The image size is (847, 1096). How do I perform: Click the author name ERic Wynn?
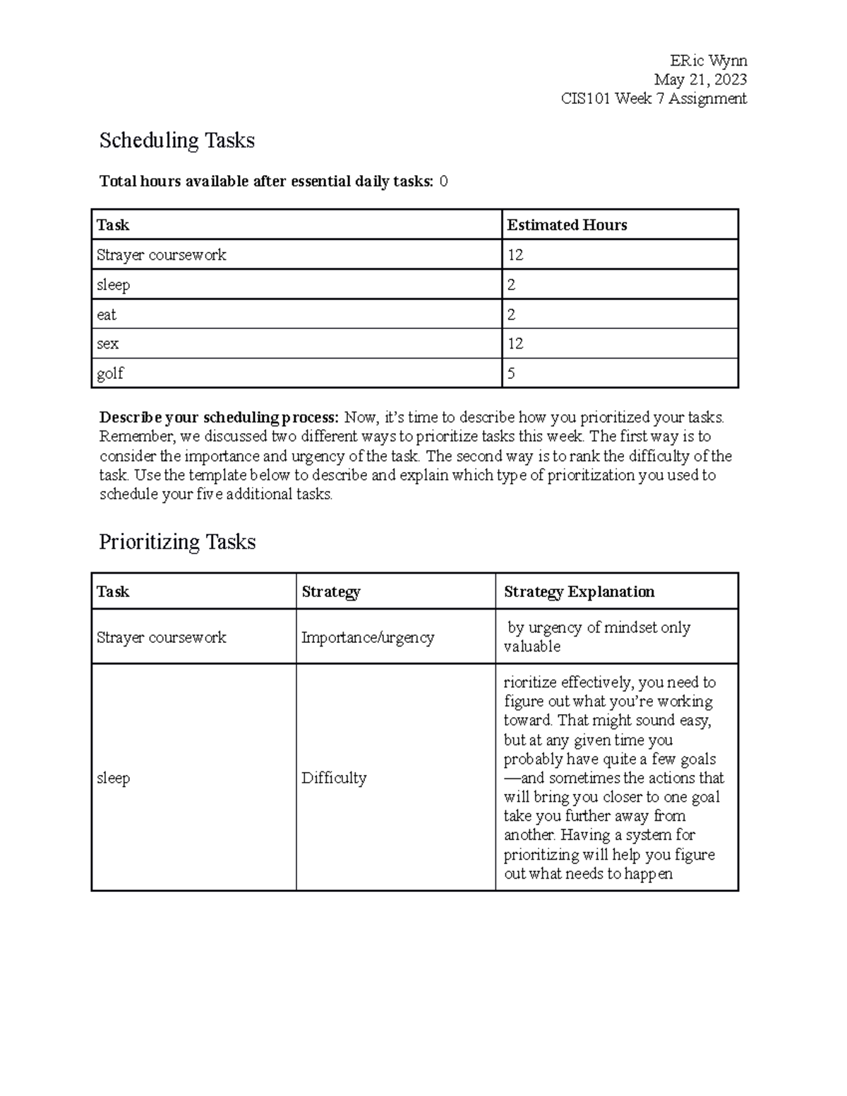pyautogui.click(x=708, y=61)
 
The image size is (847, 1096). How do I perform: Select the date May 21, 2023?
pyautogui.click(x=699, y=80)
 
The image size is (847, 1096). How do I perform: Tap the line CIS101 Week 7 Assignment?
pyautogui.click(x=653, y=99)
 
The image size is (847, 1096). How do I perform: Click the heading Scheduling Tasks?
pyautogui.click(x=176, y=140)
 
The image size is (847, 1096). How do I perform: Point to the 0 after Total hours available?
pyautogui.click(x=443, y=181)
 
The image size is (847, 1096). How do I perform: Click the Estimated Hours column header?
pyautogui.click(x=567, y=225)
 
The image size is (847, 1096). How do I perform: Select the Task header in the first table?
pyautogui.click(x=113, y=225)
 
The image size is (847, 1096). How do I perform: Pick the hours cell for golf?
pyautogui.click(x=512, y=373)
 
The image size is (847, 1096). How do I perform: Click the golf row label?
pyautogui.click(x=110, y=373)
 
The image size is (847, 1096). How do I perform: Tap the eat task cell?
pyautogui.click(x=107, y=315)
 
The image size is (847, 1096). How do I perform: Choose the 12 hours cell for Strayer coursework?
pyautogui.click(x=515, y=255)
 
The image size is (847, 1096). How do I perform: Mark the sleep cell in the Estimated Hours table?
pyautogui.click(x=113, y=285)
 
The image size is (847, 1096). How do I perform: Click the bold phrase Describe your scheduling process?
pyautogui.click(x=219, y=417)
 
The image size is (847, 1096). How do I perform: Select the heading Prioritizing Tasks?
pyautogui.click(x=176, y=542)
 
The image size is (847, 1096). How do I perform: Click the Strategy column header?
pyautogui.click(x=330, y=592)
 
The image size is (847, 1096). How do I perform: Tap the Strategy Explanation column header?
pyautogui.click(x=579, y=592)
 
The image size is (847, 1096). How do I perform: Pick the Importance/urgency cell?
pyautogui.click(x=367, y=637)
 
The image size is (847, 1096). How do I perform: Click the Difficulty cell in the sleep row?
pyautogui.click(x=334, y=778)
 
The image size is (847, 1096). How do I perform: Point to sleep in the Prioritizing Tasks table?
pyautogui.click(x=113, y=778)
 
